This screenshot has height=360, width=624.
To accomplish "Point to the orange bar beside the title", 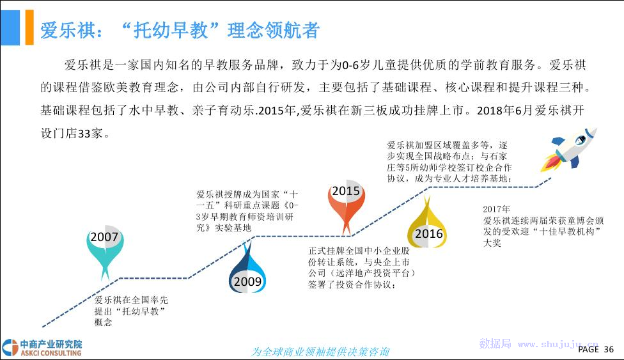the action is click(x=29, y=27).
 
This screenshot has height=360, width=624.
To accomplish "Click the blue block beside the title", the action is click(x=10, y=27).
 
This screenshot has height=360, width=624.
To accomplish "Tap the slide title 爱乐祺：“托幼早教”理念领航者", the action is click(x=180, y=30).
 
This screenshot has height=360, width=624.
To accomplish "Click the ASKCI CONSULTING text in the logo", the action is click(x=51, y=353).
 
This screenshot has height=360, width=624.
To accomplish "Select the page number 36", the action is click(x=609, y=349).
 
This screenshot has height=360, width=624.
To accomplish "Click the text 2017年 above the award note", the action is click(x=496, y=209).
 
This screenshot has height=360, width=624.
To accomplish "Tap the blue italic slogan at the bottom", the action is click(x=320, y=352).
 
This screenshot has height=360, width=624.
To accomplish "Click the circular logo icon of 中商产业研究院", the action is click(x=10, y=348).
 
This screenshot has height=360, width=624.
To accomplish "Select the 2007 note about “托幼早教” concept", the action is click(x=131, y=311).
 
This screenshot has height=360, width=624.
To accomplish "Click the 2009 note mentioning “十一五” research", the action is click(x=247, y=211).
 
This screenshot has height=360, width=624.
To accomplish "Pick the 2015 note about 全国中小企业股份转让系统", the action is click(x=362, y=267).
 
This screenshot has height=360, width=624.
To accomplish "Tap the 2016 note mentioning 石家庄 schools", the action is click(x=449, y=162).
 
